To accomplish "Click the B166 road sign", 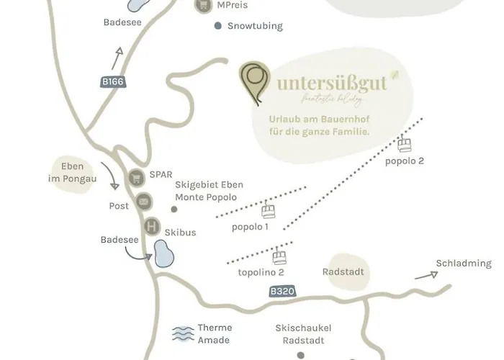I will click(113, 82).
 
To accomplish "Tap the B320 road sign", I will click(282, 292).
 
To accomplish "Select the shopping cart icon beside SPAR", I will click(135, 177).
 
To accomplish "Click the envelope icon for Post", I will click(143, 202).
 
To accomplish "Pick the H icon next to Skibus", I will click(151, 227).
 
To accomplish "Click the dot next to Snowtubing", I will click(218, 26).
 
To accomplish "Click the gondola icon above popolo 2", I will click(405, 145).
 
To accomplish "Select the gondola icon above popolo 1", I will click(269, 212).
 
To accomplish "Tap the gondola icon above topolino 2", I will click(279, 257).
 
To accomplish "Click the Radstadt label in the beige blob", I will click(343, 273).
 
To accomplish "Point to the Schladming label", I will click(463, 264).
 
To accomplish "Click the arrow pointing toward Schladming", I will click(426, 274).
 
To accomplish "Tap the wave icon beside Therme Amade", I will click(184, 333).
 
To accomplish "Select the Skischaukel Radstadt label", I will click(302, 333).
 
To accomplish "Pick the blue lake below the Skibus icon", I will click(165, 253).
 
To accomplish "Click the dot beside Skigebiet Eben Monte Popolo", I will click(174, 210).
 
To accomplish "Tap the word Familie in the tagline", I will click(349, 132).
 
